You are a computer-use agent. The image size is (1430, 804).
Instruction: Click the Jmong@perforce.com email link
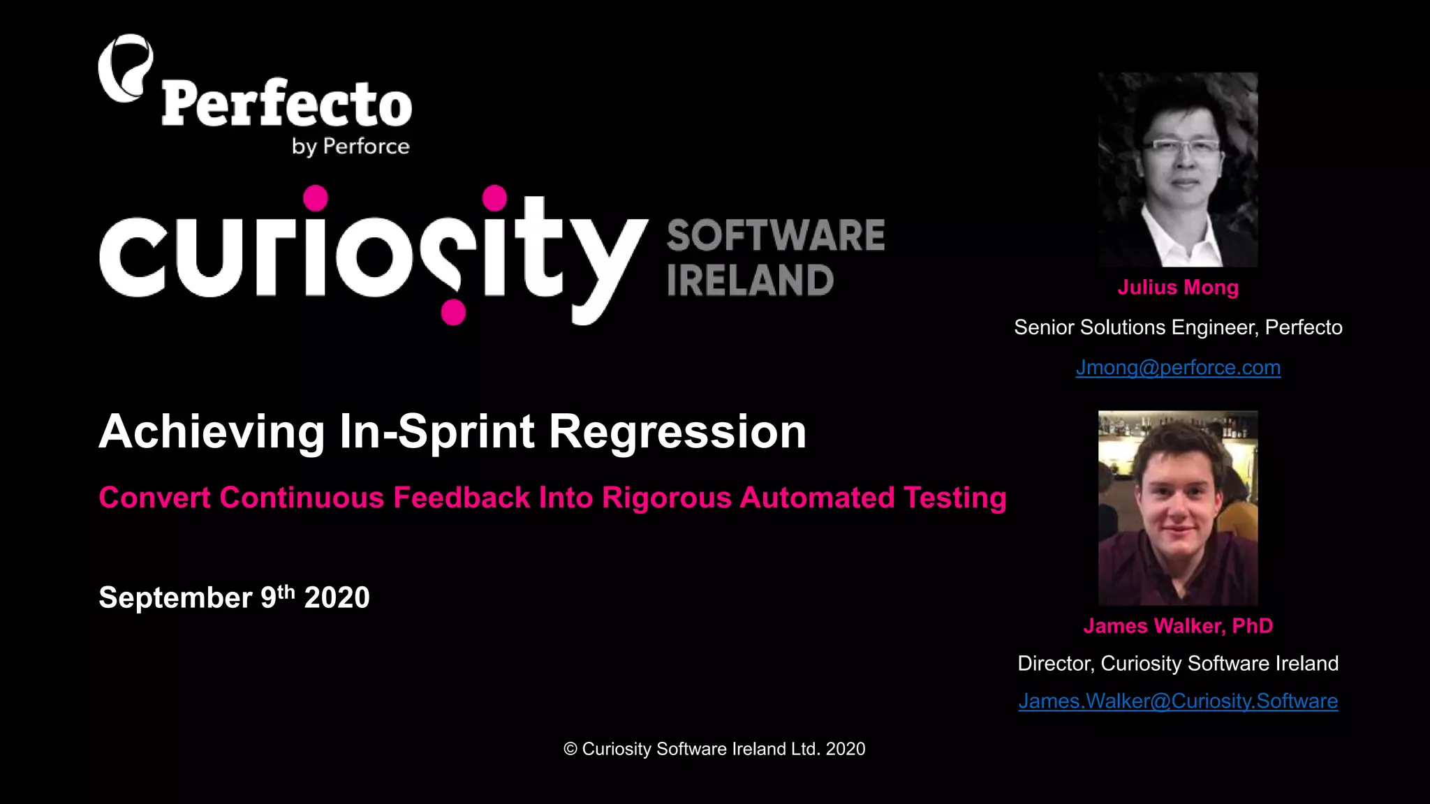click(x=1178, y=367)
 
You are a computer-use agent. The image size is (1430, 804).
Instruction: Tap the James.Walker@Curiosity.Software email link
click(x=1178, y=701)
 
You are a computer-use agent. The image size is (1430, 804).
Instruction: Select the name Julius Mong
click(x=1178, y=288)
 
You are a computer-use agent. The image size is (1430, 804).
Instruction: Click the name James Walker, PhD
click(x=1178, y=626)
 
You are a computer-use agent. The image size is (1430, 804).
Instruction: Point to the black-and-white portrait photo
click(x=1178, y=170)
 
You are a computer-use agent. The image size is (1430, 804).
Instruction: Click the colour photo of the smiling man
click(x=1178, y=507)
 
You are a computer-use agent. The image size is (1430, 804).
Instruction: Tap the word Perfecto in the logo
click(x=286, y=105)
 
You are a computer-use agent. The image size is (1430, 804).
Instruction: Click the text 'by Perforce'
click(x=351, y=147)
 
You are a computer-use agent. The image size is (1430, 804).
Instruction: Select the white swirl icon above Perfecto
click(x=126, y=68)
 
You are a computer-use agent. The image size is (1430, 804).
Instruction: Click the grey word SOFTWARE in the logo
click(x=776, y=235)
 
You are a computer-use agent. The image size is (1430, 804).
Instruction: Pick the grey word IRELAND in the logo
click(x=750, y=281)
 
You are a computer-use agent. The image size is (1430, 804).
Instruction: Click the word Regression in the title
click(x=677, y=431)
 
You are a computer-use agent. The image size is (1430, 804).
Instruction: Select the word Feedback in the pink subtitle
click(x=462, y=498)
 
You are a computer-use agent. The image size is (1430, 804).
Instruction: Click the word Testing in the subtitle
click(x=954, y=498)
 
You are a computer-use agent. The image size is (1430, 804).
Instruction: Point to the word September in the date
click(x=175, y=598)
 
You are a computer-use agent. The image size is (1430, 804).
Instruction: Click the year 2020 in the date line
click(x=337, y=598)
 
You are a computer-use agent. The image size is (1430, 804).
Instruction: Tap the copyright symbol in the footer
click(x=570, y=750)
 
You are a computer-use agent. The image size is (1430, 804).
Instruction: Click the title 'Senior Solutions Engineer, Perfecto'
click(x=1178, y=327)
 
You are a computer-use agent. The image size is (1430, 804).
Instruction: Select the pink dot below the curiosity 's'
click(x=453, y=312)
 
